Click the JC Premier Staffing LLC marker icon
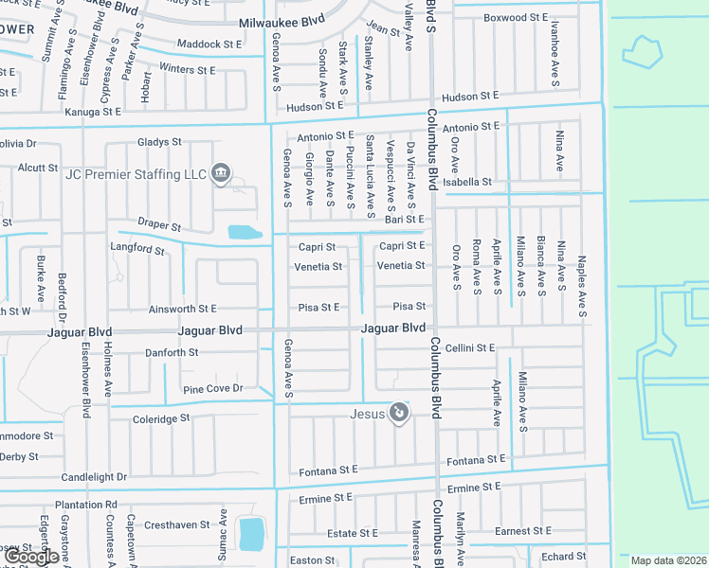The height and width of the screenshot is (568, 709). tap(221, 171)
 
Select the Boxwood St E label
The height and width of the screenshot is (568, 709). tap(516, 17)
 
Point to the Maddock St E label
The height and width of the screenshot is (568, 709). tap(210, 44)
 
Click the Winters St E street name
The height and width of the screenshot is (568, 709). tap(188, 69)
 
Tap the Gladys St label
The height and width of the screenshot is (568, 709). tap(159, 142)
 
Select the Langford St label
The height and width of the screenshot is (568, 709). tap(138, 251)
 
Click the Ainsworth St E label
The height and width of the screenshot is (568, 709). tap(183, 309)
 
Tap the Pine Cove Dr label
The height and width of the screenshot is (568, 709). tap(213, 388)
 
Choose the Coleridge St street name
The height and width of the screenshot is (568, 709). tap(161, 417)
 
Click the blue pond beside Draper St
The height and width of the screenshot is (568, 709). tap(244, 232)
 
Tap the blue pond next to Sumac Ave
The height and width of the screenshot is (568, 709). tap(251, 534)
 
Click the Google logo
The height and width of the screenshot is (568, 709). tap(32, 557)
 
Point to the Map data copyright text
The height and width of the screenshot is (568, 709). tap(669, 560)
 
